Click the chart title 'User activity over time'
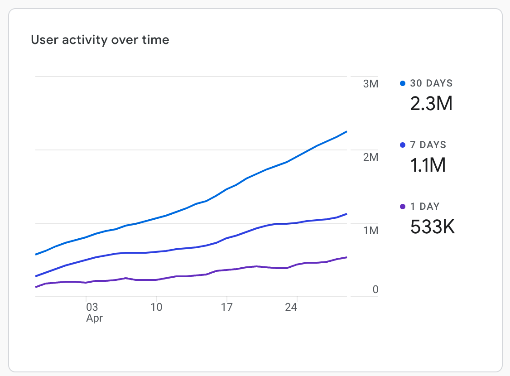coord(100,40)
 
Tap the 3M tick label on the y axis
coord(370,84)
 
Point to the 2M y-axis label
coord(370,157)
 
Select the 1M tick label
coord(370,231)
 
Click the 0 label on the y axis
coord(375,289)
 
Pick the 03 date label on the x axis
coord(91,307)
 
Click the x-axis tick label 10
coord(156,307)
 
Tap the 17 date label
coord(226,307)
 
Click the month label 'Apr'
coord(94,318)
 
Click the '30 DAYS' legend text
coord(431,83)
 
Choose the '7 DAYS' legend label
coord(428,145)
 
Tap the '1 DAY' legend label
coord(424,207)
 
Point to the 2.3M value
coord(431,104)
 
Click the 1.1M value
coord(428,165)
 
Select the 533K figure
coord(432,227)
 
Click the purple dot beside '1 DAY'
coord(403,207)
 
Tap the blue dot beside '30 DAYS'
coord(403,83)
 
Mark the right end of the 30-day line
coord(346,132)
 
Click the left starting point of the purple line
coord(36,287)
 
